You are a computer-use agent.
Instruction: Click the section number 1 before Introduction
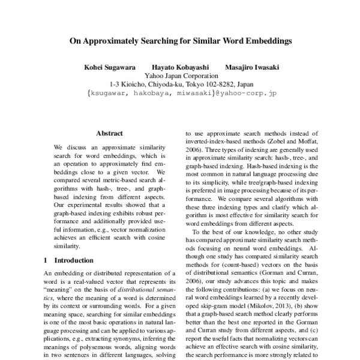pos(46,261)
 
